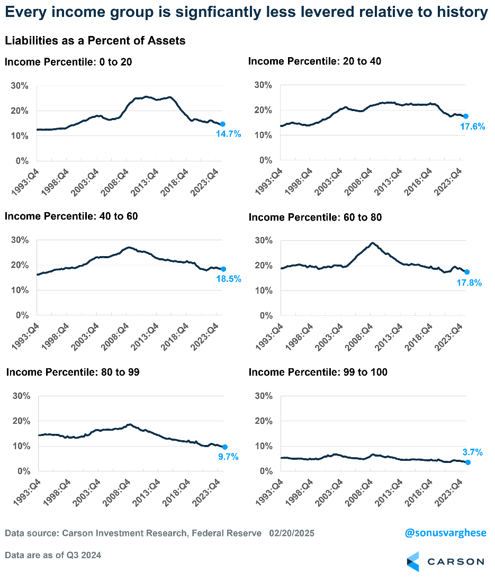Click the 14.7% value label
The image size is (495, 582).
(x=228, y=134)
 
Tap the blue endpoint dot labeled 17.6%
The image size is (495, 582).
(x=466, y=116)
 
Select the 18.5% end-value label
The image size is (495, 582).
(x=228, y=279)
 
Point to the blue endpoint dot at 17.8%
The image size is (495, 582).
(x=466, y=272)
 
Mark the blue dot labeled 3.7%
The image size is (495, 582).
(x=467, y=462)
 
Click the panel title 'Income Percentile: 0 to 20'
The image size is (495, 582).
(x=68, y=62)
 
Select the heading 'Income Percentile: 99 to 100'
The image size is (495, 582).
(x=318, y=372)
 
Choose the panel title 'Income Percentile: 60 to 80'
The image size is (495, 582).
(x=315, y=217)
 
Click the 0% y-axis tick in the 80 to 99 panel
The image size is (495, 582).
(x=23, y=471)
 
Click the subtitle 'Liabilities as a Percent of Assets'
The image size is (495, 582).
(x=95, y=40)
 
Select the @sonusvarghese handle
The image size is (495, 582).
(x=445, y=533)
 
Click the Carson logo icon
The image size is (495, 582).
(x=413, y=561)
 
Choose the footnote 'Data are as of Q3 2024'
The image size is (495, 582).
(x=53, y=555)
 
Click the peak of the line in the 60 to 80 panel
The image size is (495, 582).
(x=373, y=243)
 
